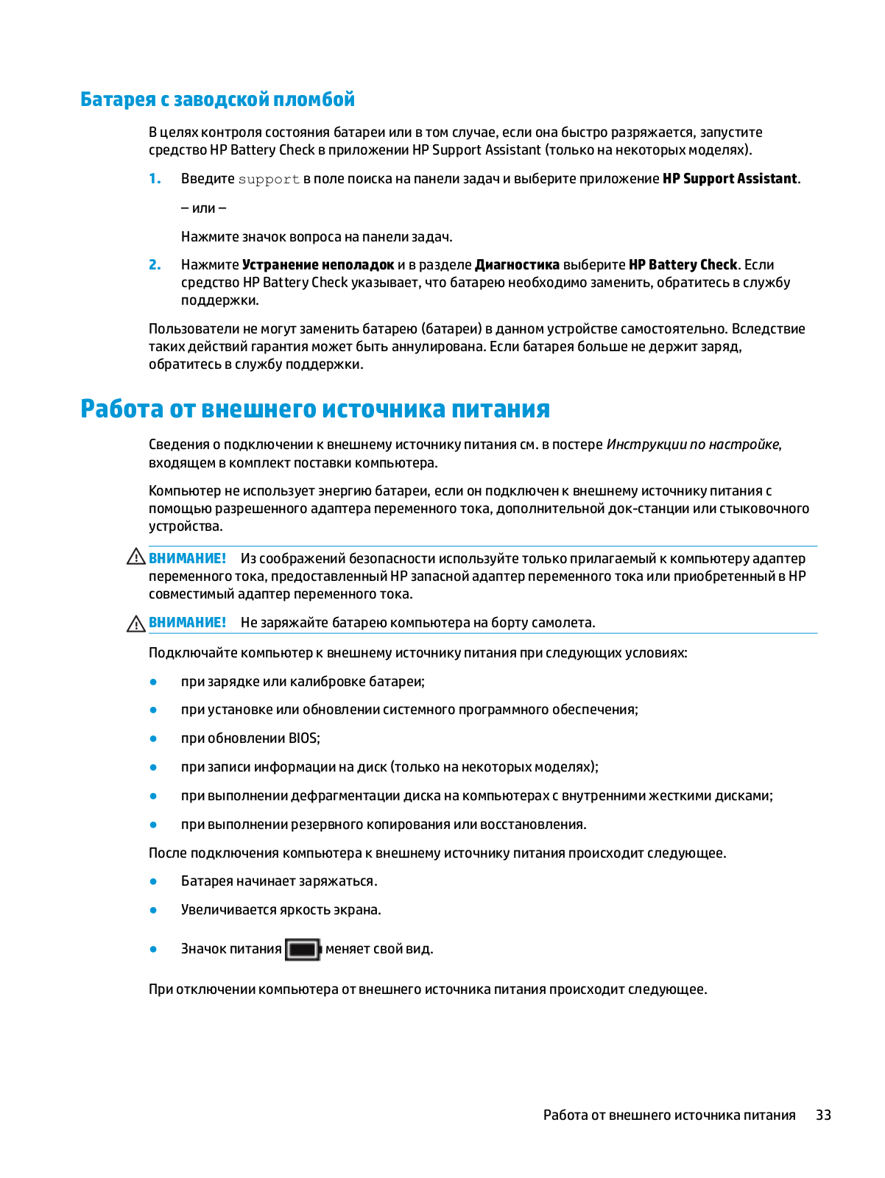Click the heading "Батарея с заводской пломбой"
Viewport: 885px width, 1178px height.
[x=217, y=99]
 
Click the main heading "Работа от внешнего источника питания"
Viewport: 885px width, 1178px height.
[x=314, y=409]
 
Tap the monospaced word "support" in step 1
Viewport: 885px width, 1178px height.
[x=269, y=179]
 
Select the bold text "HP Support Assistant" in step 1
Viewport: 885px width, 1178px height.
[x=729, y=179]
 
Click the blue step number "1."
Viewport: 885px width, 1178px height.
[x=155, y=179]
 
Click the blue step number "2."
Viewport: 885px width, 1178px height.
[x=155, y=265]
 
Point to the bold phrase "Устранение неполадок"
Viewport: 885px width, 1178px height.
[x=318, y=265]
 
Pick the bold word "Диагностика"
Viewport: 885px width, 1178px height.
[x=517, y=265]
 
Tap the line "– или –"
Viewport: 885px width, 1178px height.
[x=203, y=208]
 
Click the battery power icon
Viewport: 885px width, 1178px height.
[x=303, y=950]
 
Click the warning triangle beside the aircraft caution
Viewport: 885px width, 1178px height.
[x=136, y=624]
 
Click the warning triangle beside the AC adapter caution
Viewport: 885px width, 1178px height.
[x=136, y=557]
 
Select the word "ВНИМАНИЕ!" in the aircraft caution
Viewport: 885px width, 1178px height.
[x=187, y=623]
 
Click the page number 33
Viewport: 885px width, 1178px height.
[x=823, y=1115]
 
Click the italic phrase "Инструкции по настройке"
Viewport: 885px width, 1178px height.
[x=692, y=445]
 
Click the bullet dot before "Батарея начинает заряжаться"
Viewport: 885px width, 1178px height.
[x=153, y=881]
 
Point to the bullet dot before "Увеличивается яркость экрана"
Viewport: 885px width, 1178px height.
[x=153, y=910]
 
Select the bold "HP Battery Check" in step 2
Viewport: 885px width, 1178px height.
[x=683, y=265]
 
